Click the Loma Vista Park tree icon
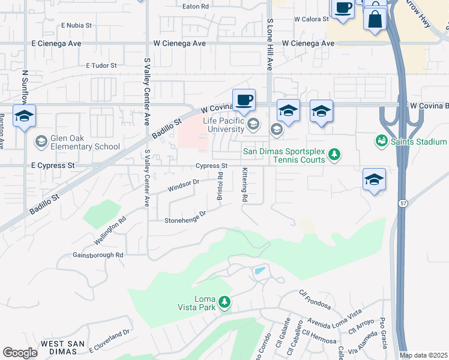coord(224,301)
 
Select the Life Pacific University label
coord(223,125)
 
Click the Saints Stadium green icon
coord(381,141)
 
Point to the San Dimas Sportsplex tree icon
coord(334,156)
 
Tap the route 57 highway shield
coord(400,204)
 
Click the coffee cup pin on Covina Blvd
coord(243,101)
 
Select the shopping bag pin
coord(375,18)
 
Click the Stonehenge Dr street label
coord(185,217)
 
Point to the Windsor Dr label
coord(183,186)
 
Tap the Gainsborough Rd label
coord(98,255)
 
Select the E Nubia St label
coord(76,26)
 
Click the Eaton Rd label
coord(196,6)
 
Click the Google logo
coord(20,353)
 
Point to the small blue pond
coord(259,271)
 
